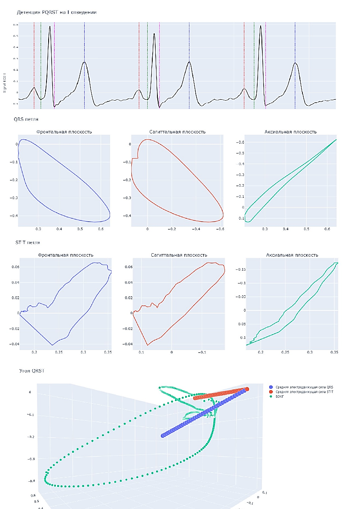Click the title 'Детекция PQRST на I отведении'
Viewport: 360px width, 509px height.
(x=56, y=12)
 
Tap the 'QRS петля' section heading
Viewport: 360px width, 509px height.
(x=29, y=119)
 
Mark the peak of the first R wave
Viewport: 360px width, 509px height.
(x=50, y=26)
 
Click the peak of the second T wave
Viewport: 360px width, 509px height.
(x=189, y=62)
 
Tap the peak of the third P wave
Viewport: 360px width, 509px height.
(x=244, y=89)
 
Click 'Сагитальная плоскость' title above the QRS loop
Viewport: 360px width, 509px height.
(x=177, y=132)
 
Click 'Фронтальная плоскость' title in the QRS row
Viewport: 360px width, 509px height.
(x=64, y=132)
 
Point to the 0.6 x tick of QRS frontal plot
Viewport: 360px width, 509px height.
(x=101, y=229)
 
